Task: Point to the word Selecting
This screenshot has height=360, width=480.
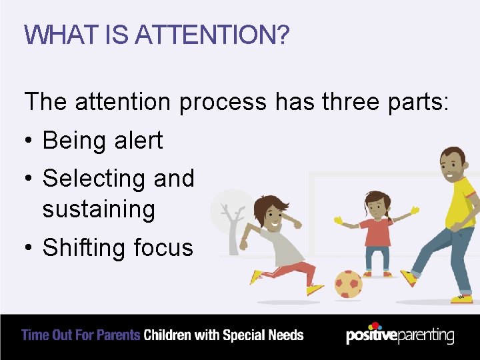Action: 94,179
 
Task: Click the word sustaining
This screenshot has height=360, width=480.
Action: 99,209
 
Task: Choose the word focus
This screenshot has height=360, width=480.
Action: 163,247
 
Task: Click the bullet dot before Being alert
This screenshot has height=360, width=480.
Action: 29,141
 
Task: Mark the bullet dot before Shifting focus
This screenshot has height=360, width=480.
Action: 29,248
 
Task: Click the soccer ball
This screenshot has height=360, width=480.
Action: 347,284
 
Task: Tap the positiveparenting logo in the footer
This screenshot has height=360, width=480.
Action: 400,335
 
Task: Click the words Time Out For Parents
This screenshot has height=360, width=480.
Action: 81,335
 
